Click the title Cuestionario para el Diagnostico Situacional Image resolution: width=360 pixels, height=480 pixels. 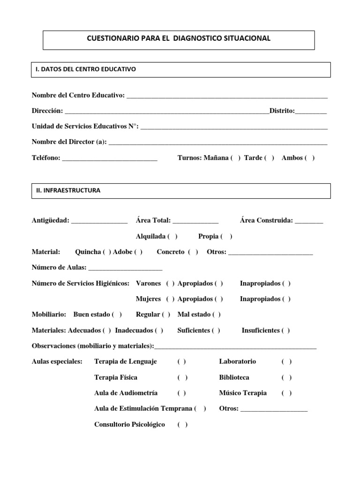tap(179, 38)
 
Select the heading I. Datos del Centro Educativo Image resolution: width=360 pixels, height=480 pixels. tap(86, 69)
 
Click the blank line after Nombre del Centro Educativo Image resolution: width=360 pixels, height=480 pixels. tap(227, 96)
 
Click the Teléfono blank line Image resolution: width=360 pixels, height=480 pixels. tap(110, 158)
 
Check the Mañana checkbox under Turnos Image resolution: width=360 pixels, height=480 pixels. tap(235, 158)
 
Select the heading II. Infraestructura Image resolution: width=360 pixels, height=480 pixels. tap(68, 191)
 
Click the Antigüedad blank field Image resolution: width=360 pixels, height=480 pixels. tap(99, 221)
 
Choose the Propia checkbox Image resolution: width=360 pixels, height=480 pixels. tap(227, 236)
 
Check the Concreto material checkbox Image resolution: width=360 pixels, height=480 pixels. tap(193, 252)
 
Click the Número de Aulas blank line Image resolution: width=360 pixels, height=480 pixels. tap(125, 268)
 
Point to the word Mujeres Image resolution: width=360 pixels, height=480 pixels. tap(148, 299)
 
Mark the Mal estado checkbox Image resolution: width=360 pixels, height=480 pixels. tap(216, 315)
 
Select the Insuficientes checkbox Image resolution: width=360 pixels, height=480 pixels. tap(285, 330)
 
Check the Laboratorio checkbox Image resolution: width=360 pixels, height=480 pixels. tap(287, 361)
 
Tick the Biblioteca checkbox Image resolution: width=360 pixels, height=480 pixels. tap(287, 377)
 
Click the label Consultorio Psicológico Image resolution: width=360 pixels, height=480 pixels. tap(129, 424)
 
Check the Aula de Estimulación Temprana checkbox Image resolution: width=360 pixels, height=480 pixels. tap(200, 408)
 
